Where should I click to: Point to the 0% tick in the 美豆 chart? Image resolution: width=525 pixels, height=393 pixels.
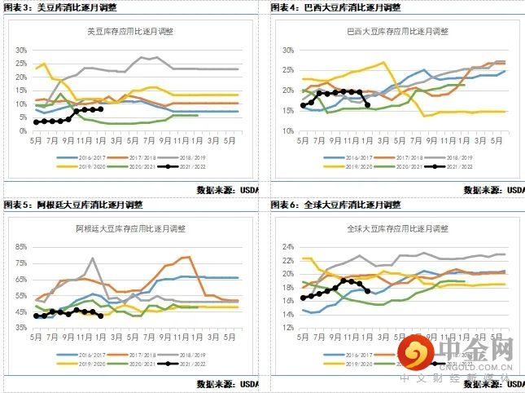[21, 131]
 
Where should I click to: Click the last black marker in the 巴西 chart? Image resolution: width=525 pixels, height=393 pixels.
[367, 104]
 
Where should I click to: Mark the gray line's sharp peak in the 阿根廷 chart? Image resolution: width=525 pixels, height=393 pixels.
[94, 259]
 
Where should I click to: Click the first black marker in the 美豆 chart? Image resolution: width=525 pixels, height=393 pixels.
[36, 122]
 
